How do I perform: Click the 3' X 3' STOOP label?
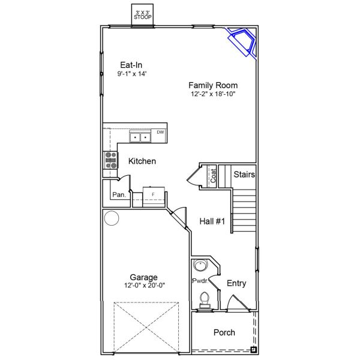tap(143, 15)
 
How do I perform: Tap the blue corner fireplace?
tap(242, 42)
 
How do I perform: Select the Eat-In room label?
tap(131, 65)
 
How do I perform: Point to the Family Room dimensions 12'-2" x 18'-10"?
tap(213, 94)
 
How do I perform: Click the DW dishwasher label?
tap(160, 132)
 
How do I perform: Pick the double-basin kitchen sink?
tap(140, 137)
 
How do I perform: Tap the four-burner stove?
tap(110, 160)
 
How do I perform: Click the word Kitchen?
tap(142, 161)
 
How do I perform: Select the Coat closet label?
tap(213, 176)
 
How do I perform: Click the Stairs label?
tap(244, 175)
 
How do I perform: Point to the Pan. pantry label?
tap(119, 194)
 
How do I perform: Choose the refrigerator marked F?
tap(154, 197)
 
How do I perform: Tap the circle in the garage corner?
tap(112, 218)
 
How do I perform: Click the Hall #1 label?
tap(212, 221)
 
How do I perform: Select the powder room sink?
tap(200, 265)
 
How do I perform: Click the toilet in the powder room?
tap(205, 300)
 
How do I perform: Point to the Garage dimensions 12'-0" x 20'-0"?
tap(145, 286)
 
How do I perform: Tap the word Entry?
tap(236, 283)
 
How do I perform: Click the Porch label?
tap(224, 332)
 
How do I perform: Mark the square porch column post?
tap(253, 350)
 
